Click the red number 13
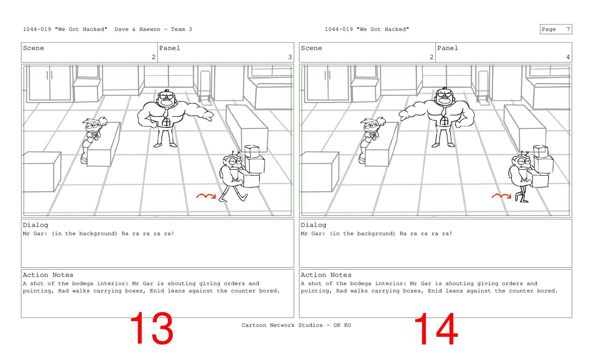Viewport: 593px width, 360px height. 152,328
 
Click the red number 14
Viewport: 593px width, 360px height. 436,329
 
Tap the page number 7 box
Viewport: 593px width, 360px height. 556,29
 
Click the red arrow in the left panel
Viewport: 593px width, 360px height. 206,196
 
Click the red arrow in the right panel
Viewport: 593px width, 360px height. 501,196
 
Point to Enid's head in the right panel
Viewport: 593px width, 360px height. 372,125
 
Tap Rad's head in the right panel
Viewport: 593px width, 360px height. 521,161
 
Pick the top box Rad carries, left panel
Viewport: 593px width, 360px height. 252,151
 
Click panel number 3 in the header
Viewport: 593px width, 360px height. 290,57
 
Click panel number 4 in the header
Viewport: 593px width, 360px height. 568,57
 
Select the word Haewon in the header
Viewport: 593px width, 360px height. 150,29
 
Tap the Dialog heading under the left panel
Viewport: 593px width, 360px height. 36,225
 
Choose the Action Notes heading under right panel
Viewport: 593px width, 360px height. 326,275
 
